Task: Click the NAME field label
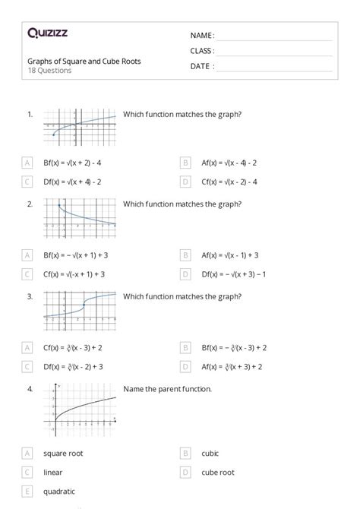click(x=202, y=35)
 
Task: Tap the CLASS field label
click(x=202, y=51)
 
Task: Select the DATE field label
click(x=201, y=66)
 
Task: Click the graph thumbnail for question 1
click(x=80, y=125)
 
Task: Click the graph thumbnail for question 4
click(x=84, y=408)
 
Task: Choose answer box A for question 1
click(x=27, y=163)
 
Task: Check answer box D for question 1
click(x=185, y=182)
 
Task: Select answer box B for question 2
click(x=185, y=255)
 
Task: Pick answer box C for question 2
click(x=27, y=274)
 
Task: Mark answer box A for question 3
click(x=27, y=347)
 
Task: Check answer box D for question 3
click(x=185, y=366)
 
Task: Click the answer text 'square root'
click(x=63, y=454)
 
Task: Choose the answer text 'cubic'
click(x=210, y=454)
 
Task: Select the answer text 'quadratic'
click(x=59, y=491)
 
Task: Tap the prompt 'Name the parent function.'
click(x=167, y=389)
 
